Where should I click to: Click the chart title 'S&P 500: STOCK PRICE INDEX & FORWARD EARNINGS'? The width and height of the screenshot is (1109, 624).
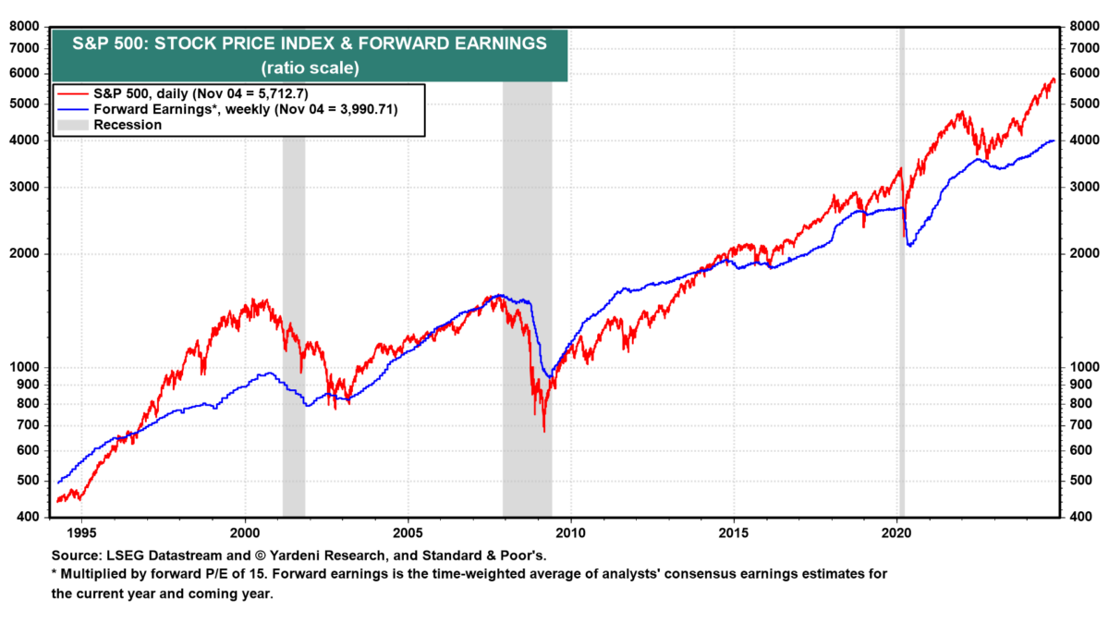[x=309, y=43]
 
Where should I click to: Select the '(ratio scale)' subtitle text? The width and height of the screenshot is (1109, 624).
[x=309, y=67]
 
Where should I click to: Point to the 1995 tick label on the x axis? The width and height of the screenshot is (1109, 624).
[x=81, y=533]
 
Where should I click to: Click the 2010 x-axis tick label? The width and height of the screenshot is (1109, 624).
[x=571, y=533]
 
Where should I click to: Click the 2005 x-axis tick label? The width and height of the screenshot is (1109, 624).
[x=408, y=533]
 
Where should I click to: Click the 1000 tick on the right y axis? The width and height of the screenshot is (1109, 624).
[x=1080, y=367]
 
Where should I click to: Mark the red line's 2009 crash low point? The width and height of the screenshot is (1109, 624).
[x=543, y=431]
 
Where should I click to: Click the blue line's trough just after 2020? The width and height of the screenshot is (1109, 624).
[x=910, y=245]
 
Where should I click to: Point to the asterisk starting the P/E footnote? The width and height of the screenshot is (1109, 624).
[x=53, y=573]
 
